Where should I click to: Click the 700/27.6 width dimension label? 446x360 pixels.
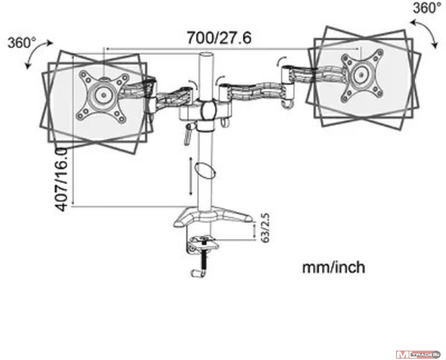click(219, 37)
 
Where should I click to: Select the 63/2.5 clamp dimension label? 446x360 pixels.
click(265, 228)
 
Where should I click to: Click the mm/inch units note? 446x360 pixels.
click(333, 267)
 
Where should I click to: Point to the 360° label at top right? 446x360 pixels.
click(427, 8)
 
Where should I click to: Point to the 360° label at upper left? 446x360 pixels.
click(21, 43)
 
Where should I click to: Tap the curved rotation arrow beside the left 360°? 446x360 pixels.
click(39, 54)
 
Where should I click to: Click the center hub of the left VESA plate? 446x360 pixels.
click(103, 94)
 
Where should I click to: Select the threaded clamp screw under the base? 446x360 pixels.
click(204, 256)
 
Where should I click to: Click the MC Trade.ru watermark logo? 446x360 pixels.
click(418, 354)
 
